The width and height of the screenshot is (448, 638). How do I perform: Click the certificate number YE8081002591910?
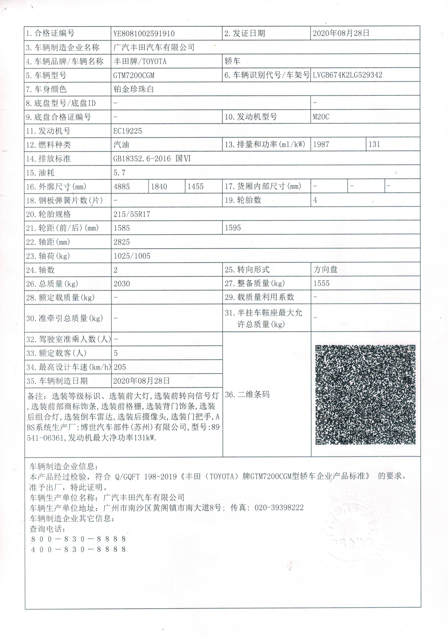click(x=144, y=34)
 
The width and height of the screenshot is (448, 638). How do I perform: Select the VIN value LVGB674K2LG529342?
click(x=347, y=75)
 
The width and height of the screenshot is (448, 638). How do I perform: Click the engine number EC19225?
click(x=127, y=131)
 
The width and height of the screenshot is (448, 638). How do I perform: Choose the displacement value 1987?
click(x=321, y=144)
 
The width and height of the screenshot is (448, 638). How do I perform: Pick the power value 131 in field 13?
click(x=374, y=144)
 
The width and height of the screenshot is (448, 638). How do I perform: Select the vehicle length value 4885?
click(x=122, y=186)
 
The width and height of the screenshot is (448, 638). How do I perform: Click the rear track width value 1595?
click(x=233, y=228)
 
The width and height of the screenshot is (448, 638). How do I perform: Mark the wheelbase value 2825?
click(x=122, y=242)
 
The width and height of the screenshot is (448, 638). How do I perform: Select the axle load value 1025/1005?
click(x=132, y=256)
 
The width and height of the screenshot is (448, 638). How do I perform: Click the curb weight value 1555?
click(x=321, y=283)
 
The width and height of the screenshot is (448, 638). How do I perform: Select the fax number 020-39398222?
click(x=279, y=508)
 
